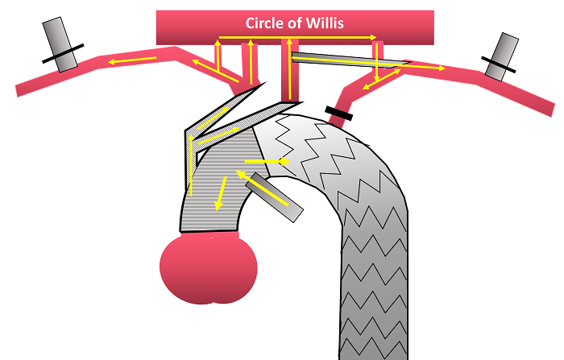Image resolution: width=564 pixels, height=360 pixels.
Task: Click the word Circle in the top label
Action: point(266,23)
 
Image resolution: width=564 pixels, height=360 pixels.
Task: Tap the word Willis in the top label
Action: point(325,23)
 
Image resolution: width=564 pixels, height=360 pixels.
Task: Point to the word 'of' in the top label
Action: point(296,23)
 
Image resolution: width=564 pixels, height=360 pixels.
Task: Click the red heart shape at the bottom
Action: point(208,270)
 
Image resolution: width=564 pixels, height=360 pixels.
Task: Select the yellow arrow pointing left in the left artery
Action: point(134,60)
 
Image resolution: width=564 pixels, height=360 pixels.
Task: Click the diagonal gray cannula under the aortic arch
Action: point(276,197)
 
